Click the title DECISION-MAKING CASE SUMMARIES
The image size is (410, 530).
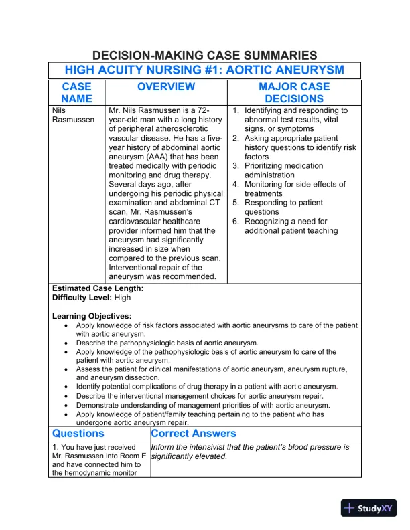click(x=204, y=56)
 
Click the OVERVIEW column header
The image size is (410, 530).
click(x=166, y=87)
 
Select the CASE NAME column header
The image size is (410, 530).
click(x=76, y=93)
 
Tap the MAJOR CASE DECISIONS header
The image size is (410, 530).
click(x=294, y=93)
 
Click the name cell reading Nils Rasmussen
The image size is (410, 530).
click(x=70, y=115)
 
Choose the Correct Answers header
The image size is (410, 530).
click(x=194, y=434)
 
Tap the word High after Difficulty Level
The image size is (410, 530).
click(x=123, y=297)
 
